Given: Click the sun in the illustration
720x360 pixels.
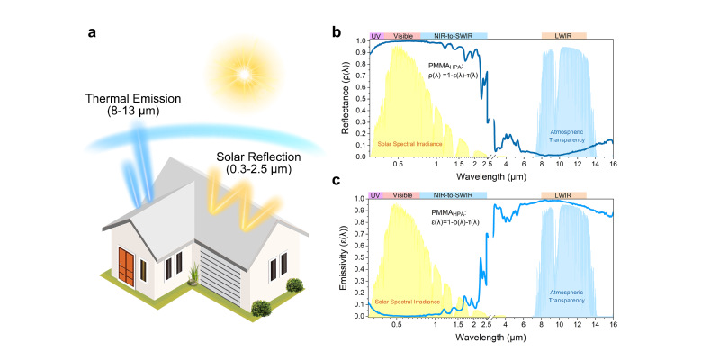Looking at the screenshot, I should pos(240,68).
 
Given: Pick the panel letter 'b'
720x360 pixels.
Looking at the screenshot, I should pos(337,33).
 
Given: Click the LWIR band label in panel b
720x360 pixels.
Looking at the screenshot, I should pos(563,35).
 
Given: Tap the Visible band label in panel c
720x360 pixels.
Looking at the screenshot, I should pos(402,195).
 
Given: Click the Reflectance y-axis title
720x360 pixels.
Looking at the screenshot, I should pos(346,99).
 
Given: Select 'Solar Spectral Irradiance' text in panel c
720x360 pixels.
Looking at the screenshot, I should pos(409,301).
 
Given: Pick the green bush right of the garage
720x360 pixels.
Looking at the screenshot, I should pos(293,286).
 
